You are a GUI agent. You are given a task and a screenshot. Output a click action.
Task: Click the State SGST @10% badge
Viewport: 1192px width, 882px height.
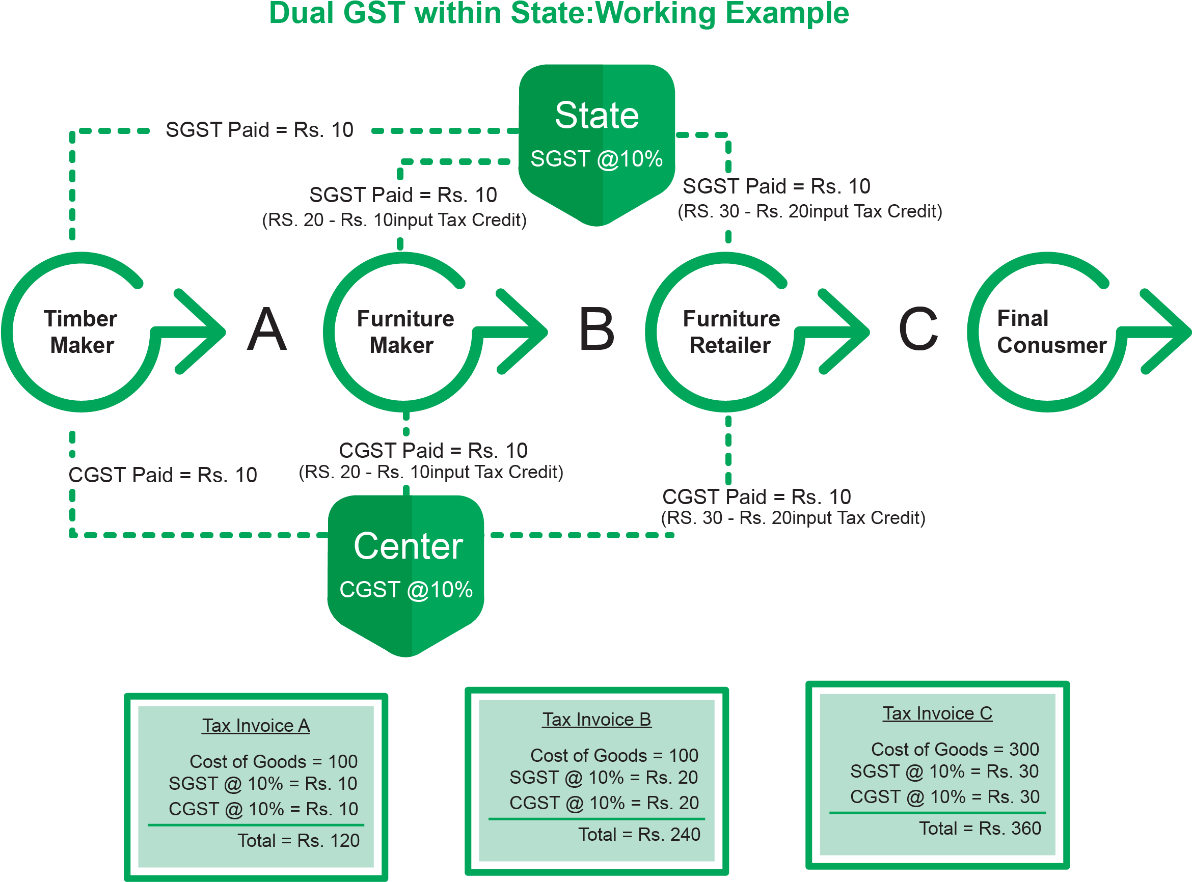(x=597, y=139)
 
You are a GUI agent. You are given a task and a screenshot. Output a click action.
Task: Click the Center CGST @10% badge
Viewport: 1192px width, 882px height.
(x=406, y=569)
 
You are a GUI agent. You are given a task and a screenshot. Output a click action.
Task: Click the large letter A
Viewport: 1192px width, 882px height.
(x=267, y=330)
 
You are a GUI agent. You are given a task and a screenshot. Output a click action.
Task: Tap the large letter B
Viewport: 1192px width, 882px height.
(x=597, y=330)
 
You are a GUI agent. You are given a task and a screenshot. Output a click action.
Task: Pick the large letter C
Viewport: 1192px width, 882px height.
(x=918, y=330)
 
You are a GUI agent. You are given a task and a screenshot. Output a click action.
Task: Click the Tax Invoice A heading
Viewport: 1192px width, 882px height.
(x=256, y=726)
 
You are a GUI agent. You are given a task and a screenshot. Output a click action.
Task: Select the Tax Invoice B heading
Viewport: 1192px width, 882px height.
(x=597, y=720)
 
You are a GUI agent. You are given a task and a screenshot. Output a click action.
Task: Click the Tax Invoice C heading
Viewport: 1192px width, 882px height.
(x=937, y=713)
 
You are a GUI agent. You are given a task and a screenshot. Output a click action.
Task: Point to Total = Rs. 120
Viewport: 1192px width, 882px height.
(x=298, y=841)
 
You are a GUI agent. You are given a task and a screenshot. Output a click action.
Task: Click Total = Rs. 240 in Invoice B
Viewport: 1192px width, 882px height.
(x=639, y=835)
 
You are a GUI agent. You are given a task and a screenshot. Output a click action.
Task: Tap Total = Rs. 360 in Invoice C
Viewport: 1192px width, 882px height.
(x=980, y=829)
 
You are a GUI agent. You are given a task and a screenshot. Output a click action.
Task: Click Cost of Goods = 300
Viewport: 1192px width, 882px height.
(x=955, y=750)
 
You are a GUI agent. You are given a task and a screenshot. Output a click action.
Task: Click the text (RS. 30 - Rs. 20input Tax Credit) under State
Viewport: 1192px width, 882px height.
(x=809, y=211)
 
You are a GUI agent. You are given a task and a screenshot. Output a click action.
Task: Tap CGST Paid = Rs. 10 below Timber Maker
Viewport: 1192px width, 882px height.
(x=163, y=475)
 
